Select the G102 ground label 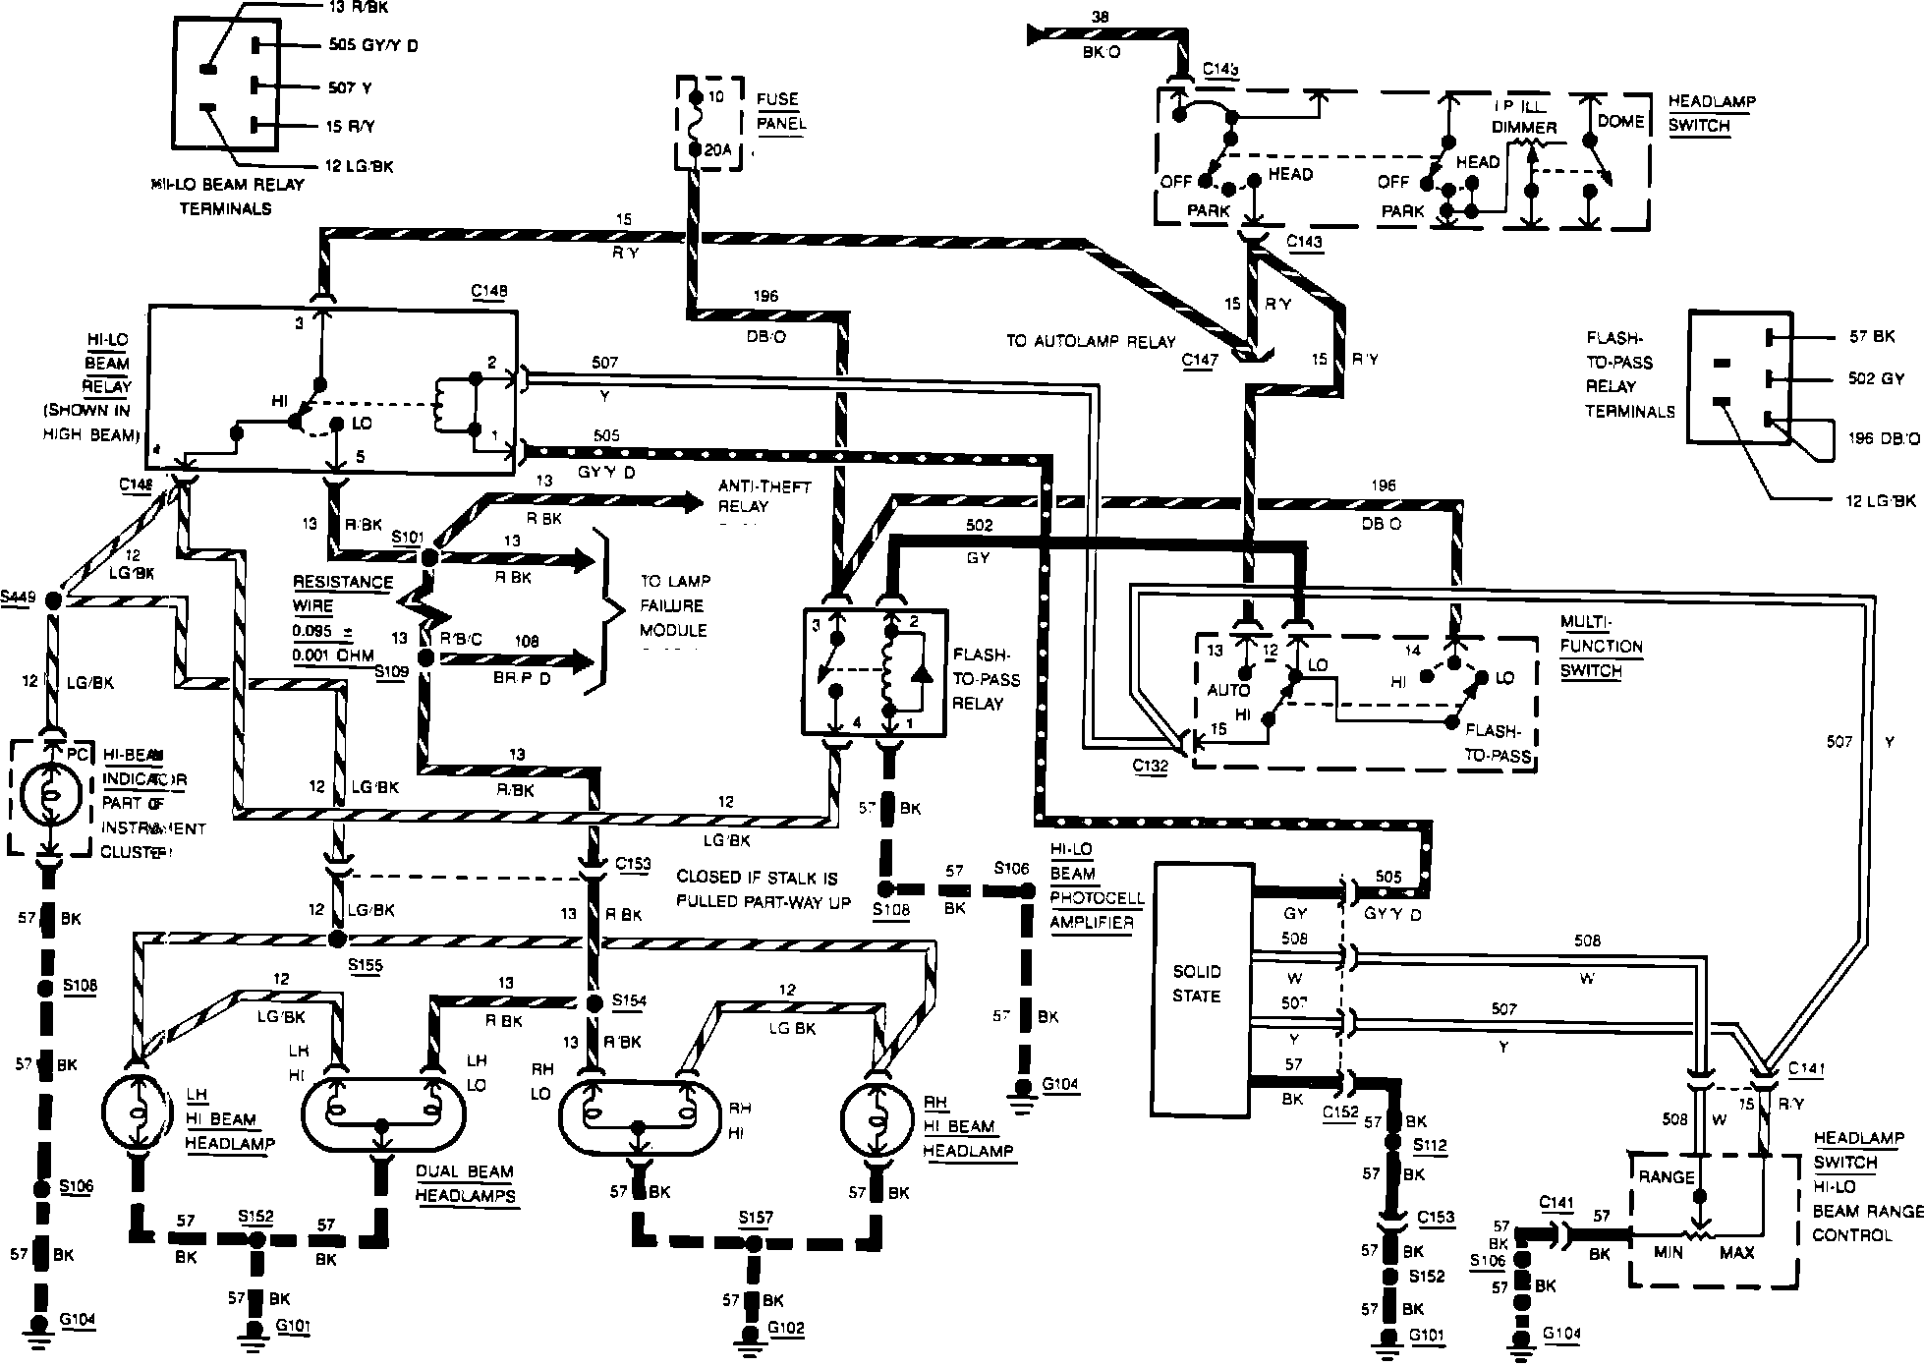pos(785,1329)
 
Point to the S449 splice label pos(18,597)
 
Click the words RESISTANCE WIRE pos(341,594)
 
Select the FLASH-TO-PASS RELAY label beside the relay pos(987,679)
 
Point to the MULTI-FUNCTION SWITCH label pos(1601,646)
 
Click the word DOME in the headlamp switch pos(1620,122)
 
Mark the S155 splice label pos(365,964)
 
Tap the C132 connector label pos(1149,766)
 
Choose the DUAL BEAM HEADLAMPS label pos(465,1183)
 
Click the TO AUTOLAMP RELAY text pos(1090,342)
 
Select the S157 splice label pos(755,1218)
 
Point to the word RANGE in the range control pos(1667,1176)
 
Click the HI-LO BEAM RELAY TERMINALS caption pos(227,196)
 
